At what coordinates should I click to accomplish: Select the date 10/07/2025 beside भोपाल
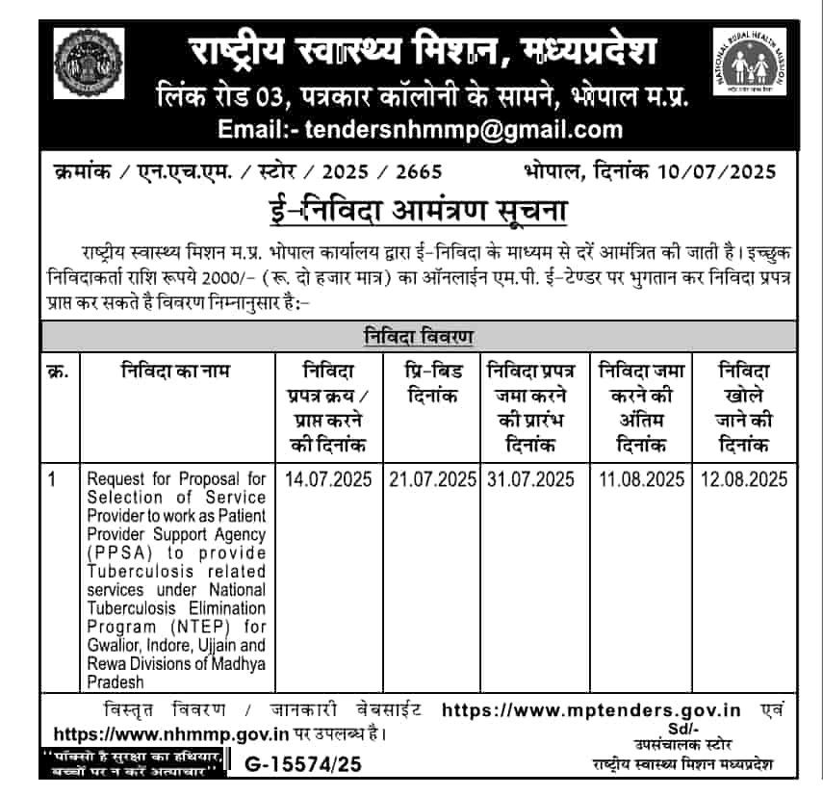point(719,173)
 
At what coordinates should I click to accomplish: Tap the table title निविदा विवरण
point(419,337)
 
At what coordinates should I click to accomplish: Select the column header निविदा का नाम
point(176,370)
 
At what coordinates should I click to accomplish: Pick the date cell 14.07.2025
point(328,479)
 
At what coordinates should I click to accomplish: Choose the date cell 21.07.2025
point(432,479)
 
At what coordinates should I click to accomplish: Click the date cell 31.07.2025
point(531,479)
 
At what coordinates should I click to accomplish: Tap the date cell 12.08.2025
point(743,479)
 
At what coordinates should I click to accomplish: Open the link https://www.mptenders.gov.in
point(590,710)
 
